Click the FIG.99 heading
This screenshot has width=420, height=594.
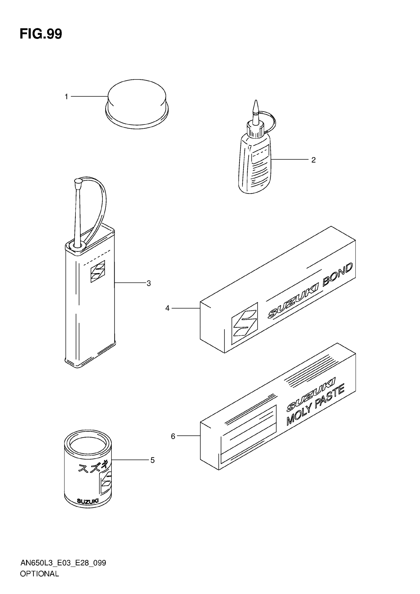click(41, 34)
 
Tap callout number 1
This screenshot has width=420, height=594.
click(66, 97)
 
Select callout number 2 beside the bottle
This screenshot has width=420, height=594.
click(314, 160)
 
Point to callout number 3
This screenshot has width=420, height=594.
click(149, 283)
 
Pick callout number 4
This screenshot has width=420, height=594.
click(167, 308)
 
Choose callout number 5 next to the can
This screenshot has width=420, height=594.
click(153, 460)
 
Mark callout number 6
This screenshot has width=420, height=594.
click(173, 436)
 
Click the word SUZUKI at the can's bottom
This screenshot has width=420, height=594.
click(88, 501)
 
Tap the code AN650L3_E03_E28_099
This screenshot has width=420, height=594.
click(63, 563)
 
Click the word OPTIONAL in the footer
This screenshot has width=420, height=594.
click(40, 574)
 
